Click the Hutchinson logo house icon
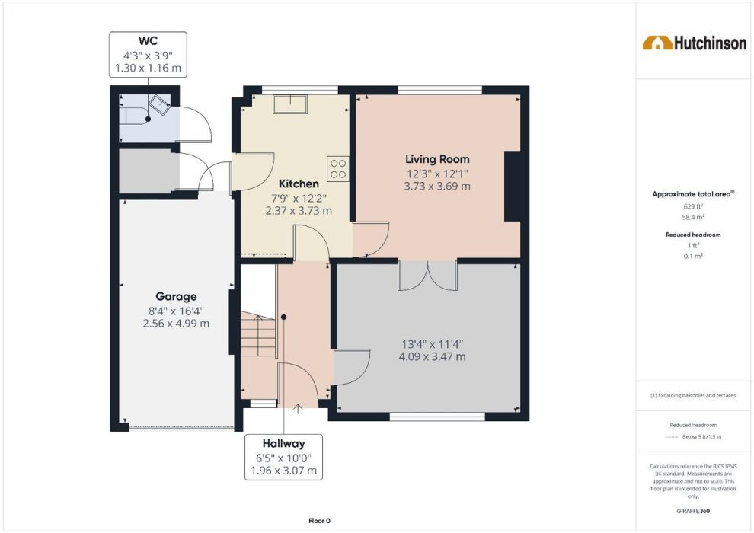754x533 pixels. click(x=657, y=43)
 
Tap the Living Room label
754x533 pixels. click(x=437, y=159)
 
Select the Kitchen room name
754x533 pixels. click(x=299, y=184)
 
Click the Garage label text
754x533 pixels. click(x=176, y=296)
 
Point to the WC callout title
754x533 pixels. click(x=148, y=41)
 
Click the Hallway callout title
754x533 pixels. click(x=284, y=444)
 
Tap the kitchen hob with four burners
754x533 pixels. click(x=337, y=169)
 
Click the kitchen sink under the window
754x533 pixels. click(x=290, y=104)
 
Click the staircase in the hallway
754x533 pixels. click(x=259, y=334)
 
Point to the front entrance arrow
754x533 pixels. click(x=298, y=409)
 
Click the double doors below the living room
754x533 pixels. click(x=427, y=276)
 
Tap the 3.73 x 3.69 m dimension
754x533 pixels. click(x=437, y=186)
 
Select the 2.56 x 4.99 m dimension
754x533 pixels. click(x=176, y=324)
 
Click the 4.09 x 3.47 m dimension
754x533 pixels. click(x=433, y=356)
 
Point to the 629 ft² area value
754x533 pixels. click(x=693, y=206)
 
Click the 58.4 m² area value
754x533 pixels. click(x=693, y=217)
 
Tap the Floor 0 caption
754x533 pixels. click(x=319, y=521)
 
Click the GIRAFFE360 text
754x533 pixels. click(x=693, y=510)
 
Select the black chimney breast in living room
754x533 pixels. click(x=513, y=187)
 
